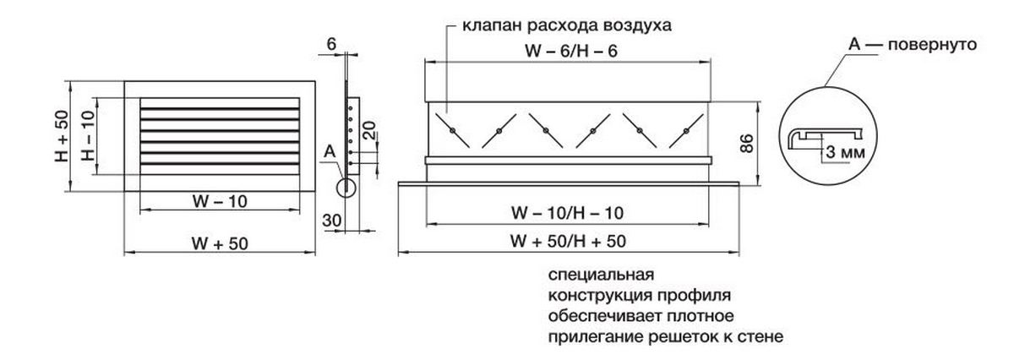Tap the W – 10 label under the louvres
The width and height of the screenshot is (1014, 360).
[x=220, y=200]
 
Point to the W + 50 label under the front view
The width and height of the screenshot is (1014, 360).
[x=220, y=243]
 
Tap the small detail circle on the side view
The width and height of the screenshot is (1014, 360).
[x=346, y=189]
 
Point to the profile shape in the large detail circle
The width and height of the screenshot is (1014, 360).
[x=824, y=135]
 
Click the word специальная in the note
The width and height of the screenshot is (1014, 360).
[x=602, y=275]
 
